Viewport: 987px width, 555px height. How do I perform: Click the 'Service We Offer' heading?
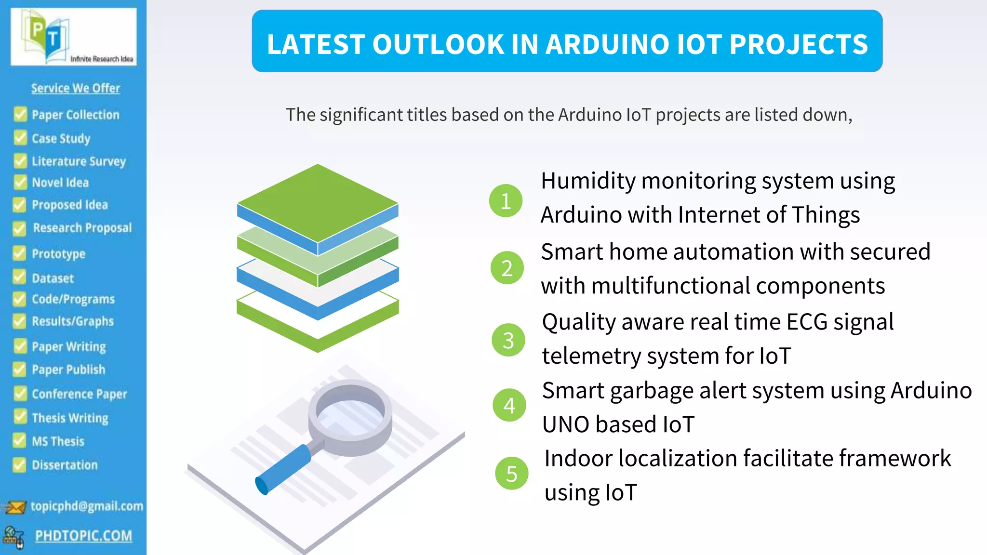click(76, 88)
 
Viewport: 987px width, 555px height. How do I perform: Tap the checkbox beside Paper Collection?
click(20, 114)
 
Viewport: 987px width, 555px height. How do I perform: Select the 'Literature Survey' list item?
click(79, 161)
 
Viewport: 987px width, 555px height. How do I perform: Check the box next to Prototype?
click(20, 253)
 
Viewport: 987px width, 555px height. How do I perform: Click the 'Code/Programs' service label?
click(73, 299)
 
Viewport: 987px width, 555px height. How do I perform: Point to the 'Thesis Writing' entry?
click(70, 418)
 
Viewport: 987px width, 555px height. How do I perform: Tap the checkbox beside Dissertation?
click(20, 464)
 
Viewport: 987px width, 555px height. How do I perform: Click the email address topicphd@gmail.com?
click(87, 506)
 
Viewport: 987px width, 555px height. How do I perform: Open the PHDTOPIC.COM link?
click(83, 536)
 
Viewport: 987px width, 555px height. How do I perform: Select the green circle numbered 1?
click(506, 200)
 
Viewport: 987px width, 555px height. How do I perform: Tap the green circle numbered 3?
click(508, 340)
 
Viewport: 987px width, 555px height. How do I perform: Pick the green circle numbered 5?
click(511, 473)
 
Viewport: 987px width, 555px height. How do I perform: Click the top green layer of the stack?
click(318, 202)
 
